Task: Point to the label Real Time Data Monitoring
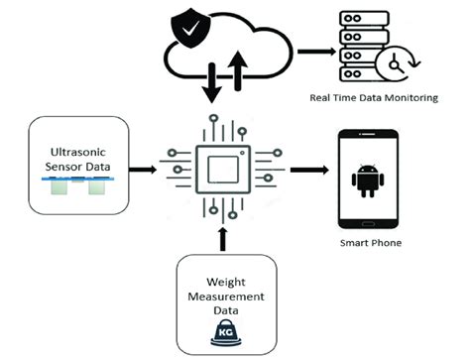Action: [376, 99]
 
